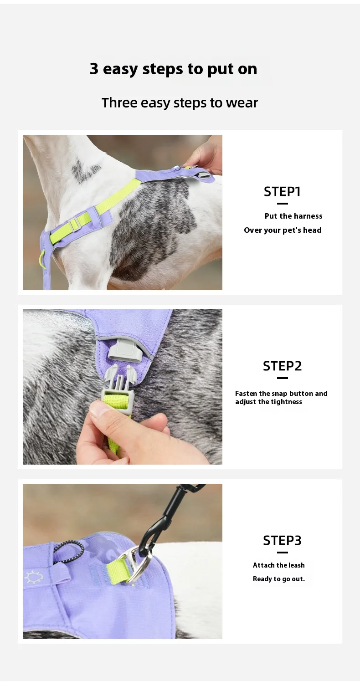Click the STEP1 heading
click(x=282, y=192)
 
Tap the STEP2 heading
click(x=282, y=366)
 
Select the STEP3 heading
click(x=282, y=541)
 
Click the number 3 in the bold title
click(x=94, y=69)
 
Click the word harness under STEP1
click(x=308, y=216)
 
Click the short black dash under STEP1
click(x=282, y=204)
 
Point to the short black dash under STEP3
click(x=282, y=553)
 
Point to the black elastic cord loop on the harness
click(x=69, y=550)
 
